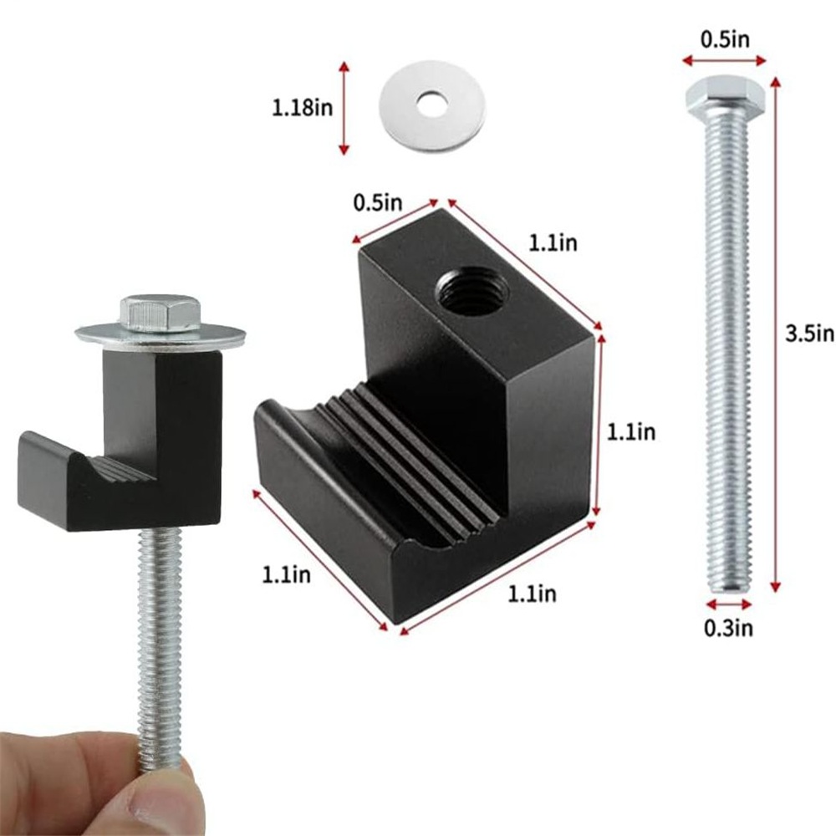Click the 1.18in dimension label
coord(303,108)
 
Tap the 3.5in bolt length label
coord(809,334)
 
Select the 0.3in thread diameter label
coord(728,628)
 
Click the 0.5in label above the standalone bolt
coord(725,40)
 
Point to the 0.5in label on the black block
coord(378,202)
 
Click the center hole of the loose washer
coord(433,104)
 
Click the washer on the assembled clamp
coord(161,334)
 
